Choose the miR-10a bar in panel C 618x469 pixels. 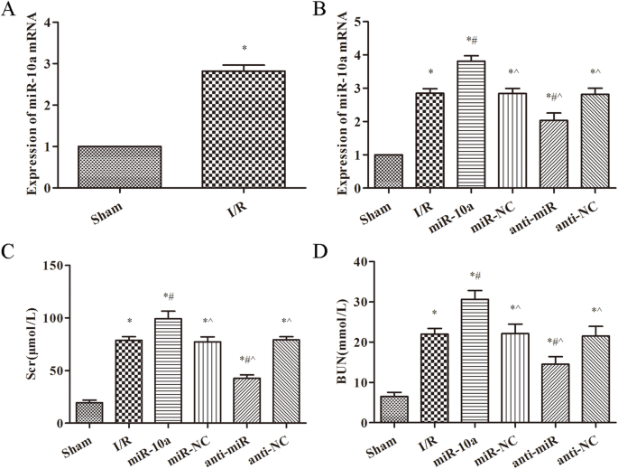tap(169, 371)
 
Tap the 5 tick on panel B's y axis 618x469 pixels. tap(359, 21)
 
